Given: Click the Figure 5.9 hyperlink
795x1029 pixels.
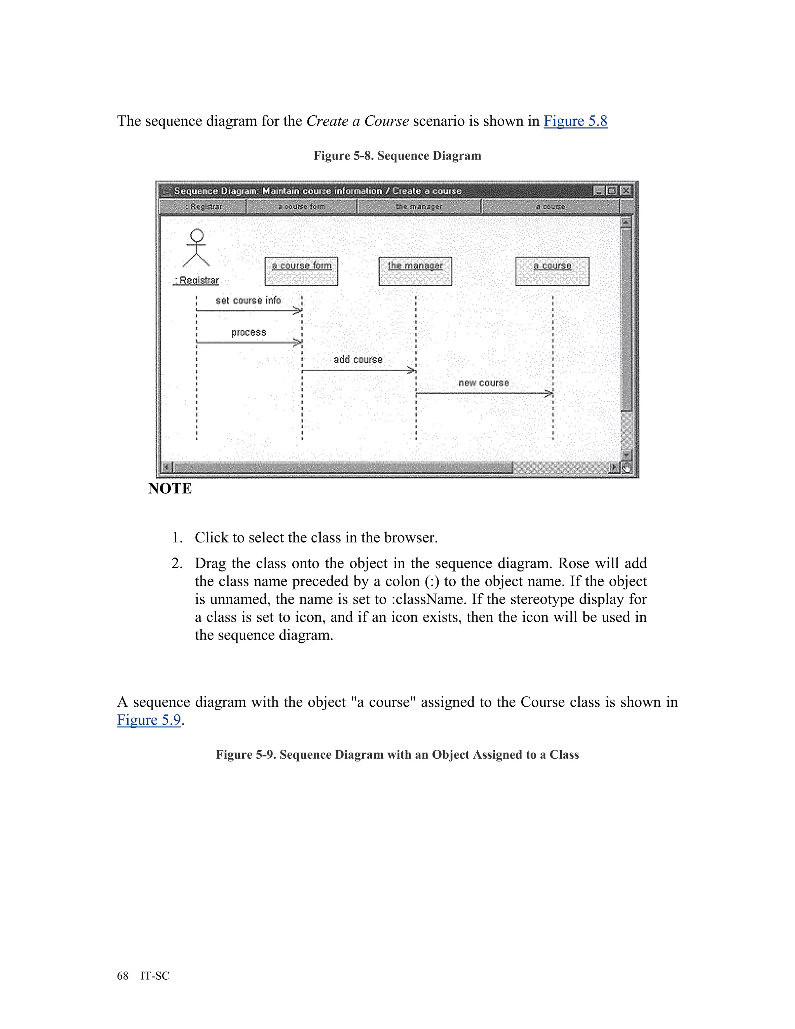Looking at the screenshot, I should [149, 720].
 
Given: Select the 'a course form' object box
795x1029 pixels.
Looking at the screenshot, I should [301, 271].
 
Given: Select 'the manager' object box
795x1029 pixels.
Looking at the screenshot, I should [415, 271].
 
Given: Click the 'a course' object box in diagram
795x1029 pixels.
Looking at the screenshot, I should [552, 271].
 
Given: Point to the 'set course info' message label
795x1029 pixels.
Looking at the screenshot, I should [248, 300].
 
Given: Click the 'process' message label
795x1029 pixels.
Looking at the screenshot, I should [249, 332].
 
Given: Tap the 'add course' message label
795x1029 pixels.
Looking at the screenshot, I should [358, 360].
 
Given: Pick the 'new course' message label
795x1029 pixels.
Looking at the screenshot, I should [484, 383].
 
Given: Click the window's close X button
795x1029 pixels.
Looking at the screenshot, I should [625, 191].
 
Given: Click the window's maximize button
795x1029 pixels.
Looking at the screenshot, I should [612, 191].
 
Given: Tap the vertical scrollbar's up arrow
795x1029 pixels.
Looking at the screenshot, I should [626, 222].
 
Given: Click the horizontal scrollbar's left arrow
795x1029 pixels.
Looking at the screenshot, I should [166, 468].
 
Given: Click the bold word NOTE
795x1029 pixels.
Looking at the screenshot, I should [170, 488].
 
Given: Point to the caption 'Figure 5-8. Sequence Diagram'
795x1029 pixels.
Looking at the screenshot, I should [397, 156].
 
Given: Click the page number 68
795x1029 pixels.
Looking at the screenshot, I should [122, 976].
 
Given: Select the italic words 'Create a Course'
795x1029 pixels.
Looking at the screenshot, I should [358, 121].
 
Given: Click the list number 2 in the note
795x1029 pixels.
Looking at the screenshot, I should [177, 563].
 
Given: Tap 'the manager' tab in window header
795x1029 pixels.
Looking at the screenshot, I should [419, 206].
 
